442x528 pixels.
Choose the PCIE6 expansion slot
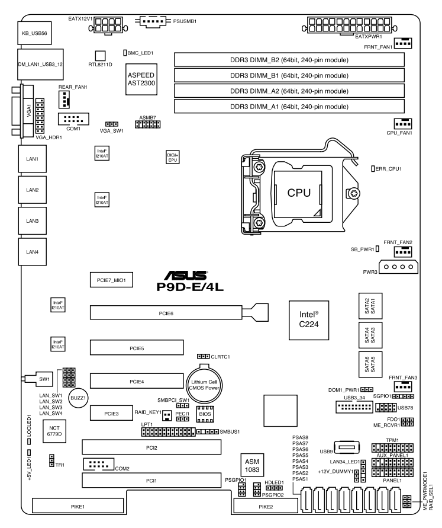[166, 311]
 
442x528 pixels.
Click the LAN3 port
[33, 221]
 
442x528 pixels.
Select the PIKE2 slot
[265, 507]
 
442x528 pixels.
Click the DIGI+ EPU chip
[172, 157]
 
